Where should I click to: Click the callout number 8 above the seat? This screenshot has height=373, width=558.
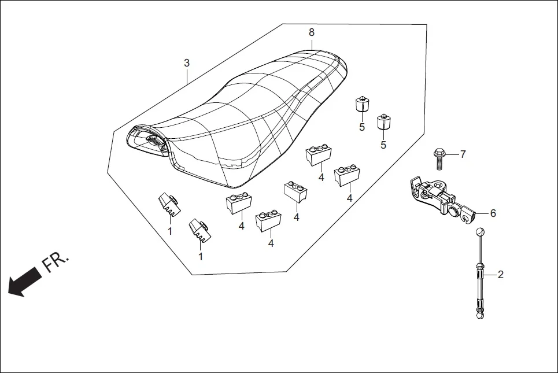312,32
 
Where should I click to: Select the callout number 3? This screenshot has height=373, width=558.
187,63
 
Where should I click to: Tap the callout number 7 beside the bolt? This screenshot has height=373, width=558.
463,154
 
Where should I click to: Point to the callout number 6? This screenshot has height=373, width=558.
493,213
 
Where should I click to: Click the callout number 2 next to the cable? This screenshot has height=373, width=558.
500,275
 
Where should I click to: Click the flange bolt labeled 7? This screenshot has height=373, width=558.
439,156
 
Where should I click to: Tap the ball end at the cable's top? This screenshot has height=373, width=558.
480,232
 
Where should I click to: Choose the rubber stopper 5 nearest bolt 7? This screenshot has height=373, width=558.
383,121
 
